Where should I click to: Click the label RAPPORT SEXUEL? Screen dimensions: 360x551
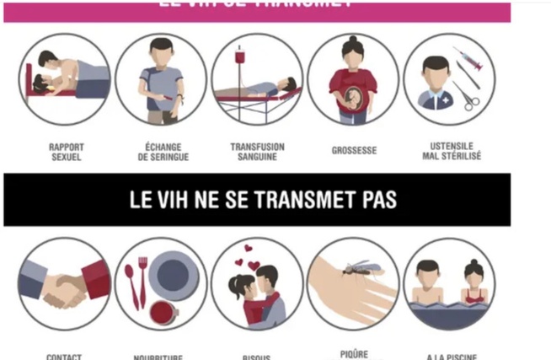[x=66, y=151]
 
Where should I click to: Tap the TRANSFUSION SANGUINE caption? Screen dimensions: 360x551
[x=257, y=151]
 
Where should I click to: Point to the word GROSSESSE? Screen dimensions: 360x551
[x=354, y=151]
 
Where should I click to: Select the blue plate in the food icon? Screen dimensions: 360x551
[x=174, y=276]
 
